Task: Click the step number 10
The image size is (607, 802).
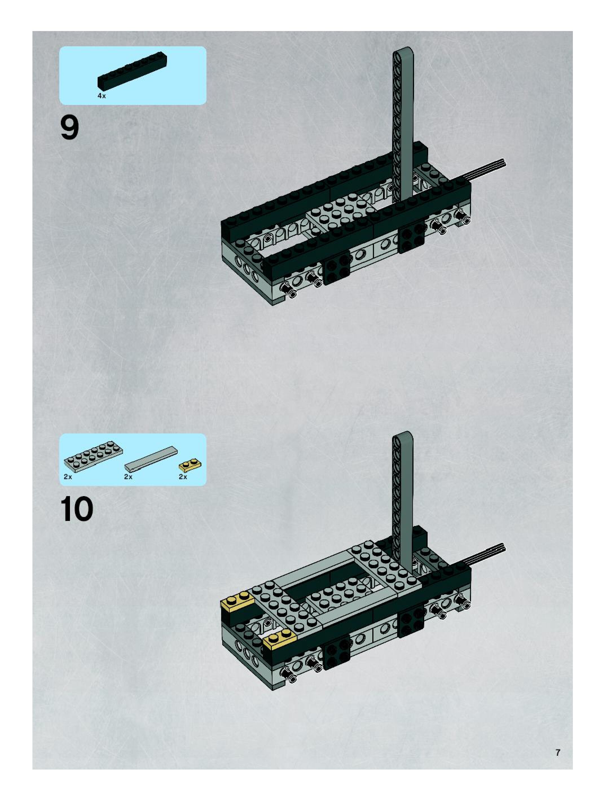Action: [76, 509]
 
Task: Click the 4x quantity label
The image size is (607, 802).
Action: [102, 96]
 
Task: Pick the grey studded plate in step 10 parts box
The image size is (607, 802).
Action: [93, 453]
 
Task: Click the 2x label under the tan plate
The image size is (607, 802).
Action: [183, 477]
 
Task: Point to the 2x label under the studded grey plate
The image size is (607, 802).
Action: [68, 477]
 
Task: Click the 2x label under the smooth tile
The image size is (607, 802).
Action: [128, 477]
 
